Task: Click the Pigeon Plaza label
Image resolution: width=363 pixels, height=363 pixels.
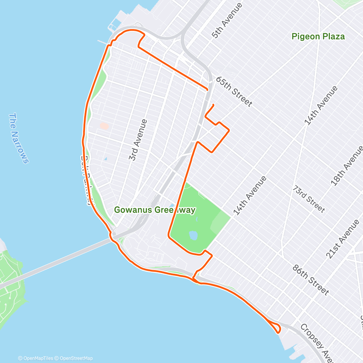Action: click(318, 37)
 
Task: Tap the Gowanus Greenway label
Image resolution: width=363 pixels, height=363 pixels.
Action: click(155, 210)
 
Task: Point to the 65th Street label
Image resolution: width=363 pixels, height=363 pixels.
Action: click(234, 91)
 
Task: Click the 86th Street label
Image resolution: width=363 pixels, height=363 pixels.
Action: click(311, 280)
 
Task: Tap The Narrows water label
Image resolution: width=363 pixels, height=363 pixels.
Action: click(18, 138)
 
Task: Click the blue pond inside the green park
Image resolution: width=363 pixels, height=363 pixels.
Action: click(193, 236)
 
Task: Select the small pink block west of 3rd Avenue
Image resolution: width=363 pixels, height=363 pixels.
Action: click(104, 126)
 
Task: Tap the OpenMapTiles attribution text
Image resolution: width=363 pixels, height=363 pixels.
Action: click(36, 358)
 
